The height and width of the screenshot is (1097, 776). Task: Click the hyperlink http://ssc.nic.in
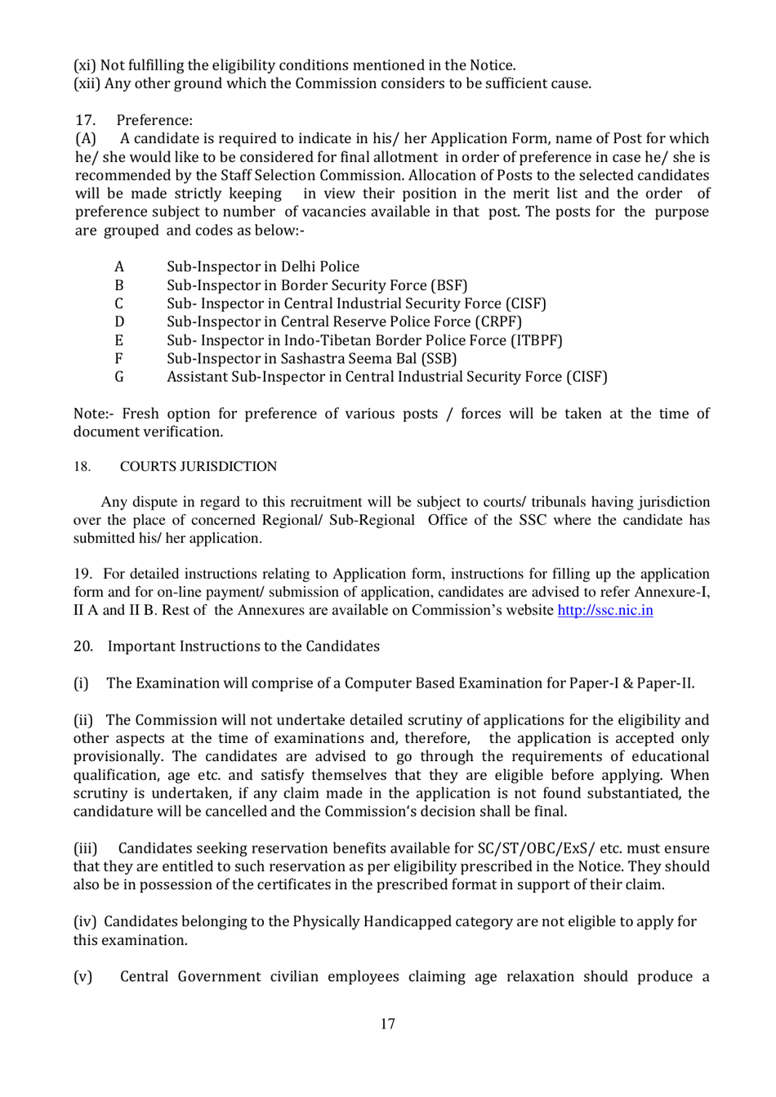[604, 611]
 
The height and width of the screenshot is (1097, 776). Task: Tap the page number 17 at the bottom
[388, 1024]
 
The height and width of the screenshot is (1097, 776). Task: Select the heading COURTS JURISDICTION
[198, 467]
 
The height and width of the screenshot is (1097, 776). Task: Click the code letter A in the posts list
[119, 266]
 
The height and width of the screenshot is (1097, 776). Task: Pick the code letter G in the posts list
[119, 377]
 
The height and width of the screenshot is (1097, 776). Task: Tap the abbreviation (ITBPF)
[537, 340]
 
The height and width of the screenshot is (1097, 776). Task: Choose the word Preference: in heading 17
[154, 121]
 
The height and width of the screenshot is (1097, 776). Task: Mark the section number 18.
[82, 467]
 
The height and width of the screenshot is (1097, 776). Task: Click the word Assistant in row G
[197, 377]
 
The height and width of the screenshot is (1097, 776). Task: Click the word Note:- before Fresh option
[96, 414]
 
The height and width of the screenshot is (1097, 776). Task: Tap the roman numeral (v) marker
[83, 977]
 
